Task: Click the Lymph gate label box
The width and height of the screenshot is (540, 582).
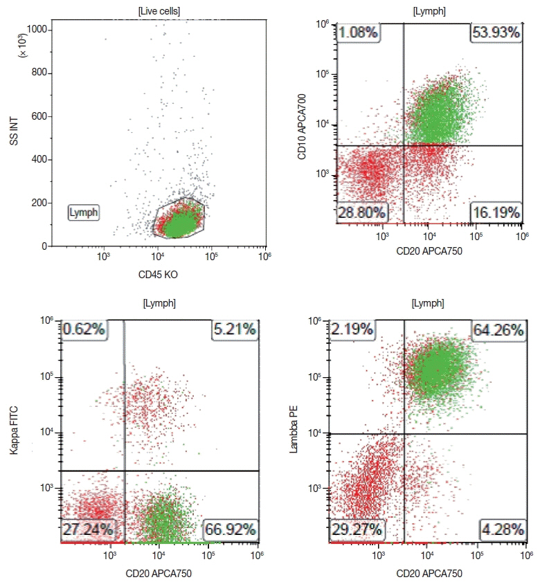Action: (x=83, y=212)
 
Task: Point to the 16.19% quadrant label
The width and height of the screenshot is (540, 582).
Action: (x=496, y=212)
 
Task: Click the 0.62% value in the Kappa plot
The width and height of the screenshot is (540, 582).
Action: (x=84, y=329)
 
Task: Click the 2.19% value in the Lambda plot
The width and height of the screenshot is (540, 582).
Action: (x=354, y=329)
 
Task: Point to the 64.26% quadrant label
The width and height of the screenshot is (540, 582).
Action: (x=498, y=329)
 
